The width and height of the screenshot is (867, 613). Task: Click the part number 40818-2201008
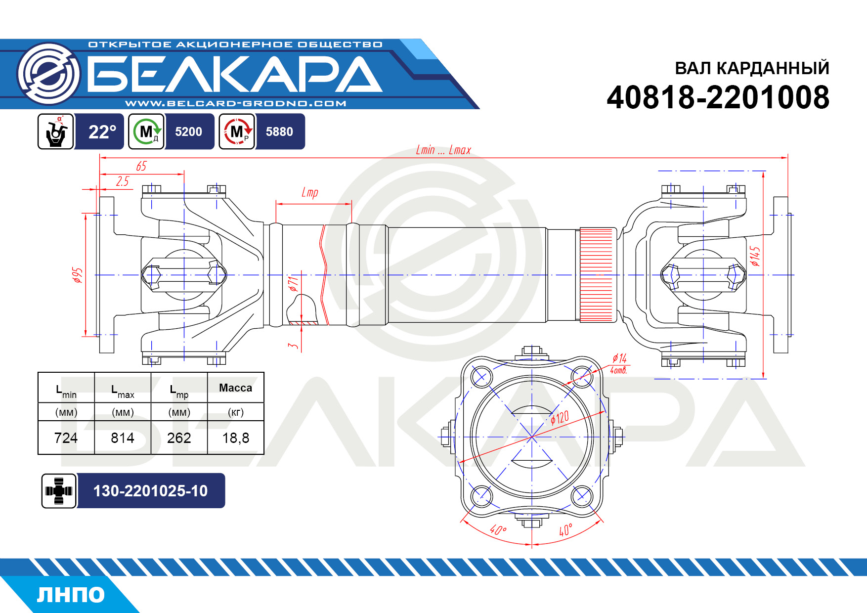click(718, 97)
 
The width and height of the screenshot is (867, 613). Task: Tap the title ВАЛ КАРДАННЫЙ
click(752, 68)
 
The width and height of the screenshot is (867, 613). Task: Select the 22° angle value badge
click(102, 132)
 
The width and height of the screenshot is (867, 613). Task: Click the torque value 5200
click(188, 132)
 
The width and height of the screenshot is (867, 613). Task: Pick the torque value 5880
click(279, 132)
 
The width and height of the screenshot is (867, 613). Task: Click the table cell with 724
click(66, 438)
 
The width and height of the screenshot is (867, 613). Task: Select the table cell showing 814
click(123, 438)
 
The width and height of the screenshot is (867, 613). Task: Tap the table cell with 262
click(179, 438)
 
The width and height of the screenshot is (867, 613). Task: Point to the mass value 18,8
click(236, 438)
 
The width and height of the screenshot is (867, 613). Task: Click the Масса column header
click(235, 388)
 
